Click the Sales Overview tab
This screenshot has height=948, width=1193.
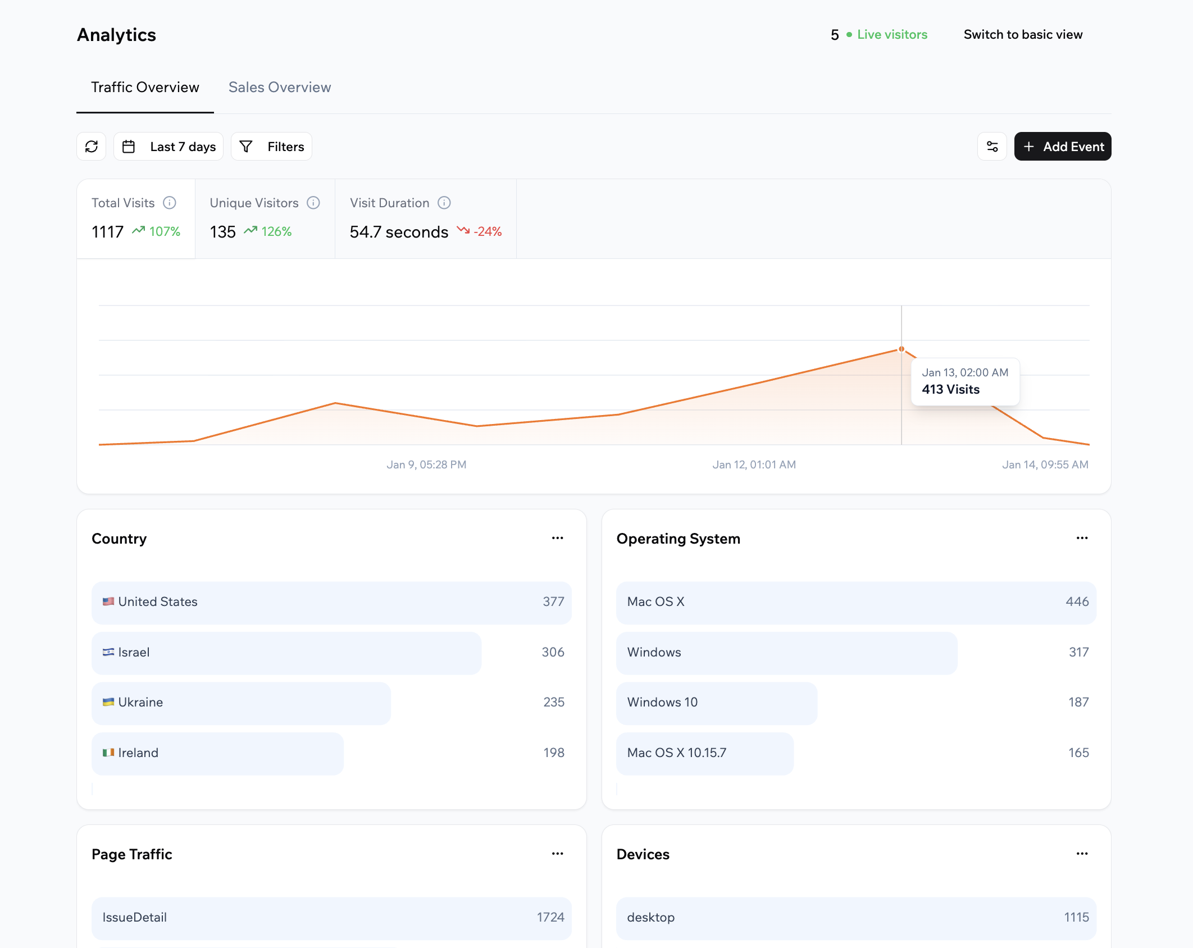pos(279,87)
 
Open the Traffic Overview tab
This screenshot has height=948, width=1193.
pos(145,87)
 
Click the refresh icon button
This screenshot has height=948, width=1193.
pos(92,147)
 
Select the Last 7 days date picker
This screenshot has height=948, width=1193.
pos(169,147)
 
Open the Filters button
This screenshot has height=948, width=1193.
pos(272,147)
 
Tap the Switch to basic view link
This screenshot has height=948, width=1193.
pos(1023,34)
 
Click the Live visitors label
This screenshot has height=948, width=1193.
pos(892,34)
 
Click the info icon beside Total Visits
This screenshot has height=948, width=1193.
pos(170,203)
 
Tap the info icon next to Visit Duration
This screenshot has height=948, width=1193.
pos(444,203)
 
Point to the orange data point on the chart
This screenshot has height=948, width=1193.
pos(901,349)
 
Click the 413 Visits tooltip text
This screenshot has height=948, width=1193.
pos(950,389)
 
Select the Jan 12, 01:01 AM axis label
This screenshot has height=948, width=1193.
pos(754,464)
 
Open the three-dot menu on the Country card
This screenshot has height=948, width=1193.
pos(557,538)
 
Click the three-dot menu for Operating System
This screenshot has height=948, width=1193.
pos(1082,538)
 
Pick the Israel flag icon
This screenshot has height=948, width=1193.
pos(108,652)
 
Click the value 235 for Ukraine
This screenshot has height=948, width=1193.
pos(553,702)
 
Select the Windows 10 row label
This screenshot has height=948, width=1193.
pos(662,702)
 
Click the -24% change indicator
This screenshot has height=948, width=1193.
pos(487,231)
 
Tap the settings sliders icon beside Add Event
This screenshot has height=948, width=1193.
pos(992,147)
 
